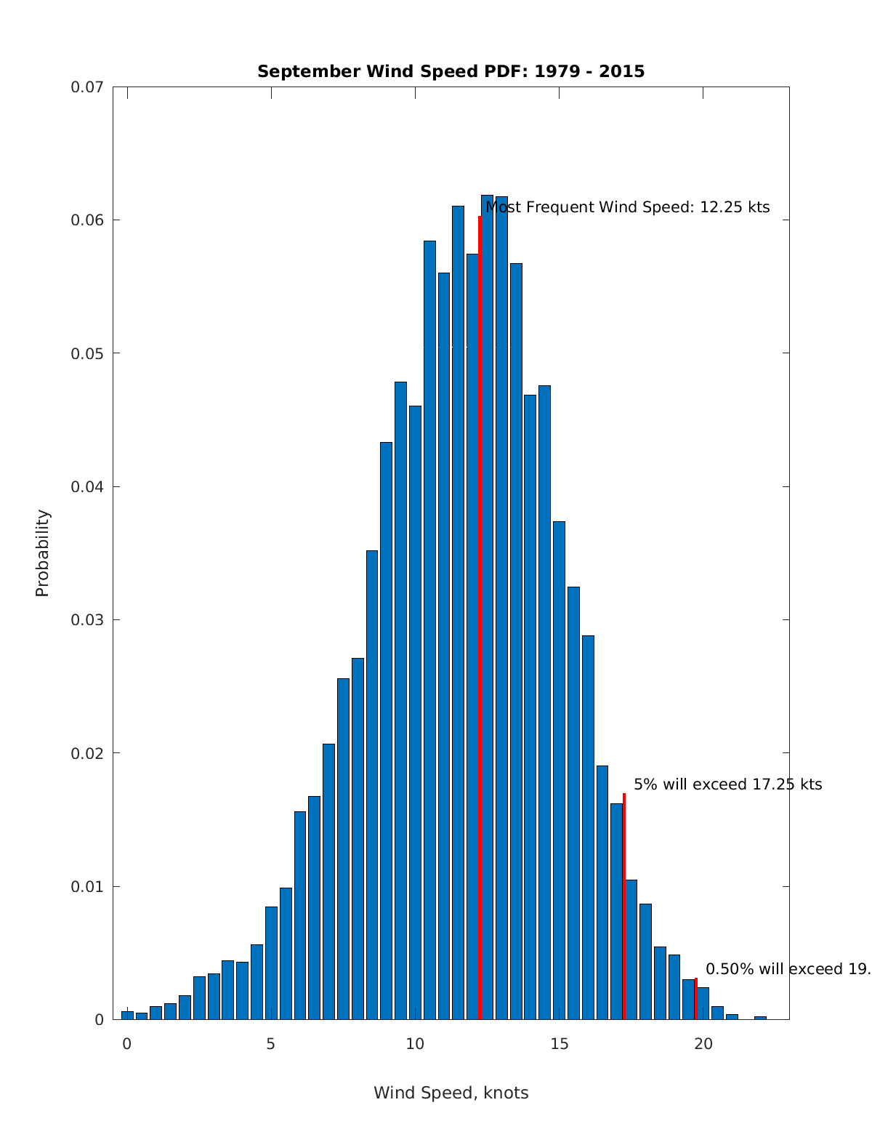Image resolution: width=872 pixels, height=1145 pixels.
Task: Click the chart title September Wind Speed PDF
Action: [x=451, y=71]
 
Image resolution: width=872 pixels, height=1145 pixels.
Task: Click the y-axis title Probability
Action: [x=43, y=553]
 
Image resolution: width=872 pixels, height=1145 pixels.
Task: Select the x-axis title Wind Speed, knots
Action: [x=451, y=1093]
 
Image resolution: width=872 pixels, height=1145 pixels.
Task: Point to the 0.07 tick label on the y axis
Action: [x=86, y=87]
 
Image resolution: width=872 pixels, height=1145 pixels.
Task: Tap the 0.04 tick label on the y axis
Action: [x=86, y=486]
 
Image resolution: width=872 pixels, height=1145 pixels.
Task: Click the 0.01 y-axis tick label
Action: [x=86, y=886]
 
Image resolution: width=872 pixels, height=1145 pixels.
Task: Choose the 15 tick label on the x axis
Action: [x=559, y=1044]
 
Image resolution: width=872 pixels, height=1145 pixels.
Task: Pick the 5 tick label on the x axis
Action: [x=271, y=1044]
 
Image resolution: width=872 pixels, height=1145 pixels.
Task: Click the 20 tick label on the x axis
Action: [x=703, y=1044]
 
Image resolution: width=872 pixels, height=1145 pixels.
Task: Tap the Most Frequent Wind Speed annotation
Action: [x=627, y=207]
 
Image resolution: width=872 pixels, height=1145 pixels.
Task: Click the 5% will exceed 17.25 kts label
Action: [x=727, y=784]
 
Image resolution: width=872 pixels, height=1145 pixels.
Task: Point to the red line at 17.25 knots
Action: [x=623, y=909]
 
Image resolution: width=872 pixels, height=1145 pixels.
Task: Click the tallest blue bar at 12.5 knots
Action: [x=488, y=607]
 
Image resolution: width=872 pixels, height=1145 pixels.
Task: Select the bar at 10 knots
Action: [x=415, y=712]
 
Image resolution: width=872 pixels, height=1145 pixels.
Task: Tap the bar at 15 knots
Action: [x=559, y=771]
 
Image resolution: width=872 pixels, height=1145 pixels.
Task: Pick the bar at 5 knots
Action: [x=271, y=963]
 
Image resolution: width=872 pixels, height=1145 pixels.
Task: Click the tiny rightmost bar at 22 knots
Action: [x=760, y=1017]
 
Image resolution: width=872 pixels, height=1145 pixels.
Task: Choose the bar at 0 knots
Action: [x=127, y=1015]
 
